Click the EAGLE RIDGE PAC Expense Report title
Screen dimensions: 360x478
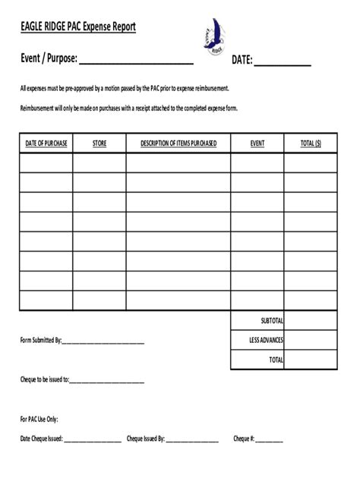click(x=78, y=27)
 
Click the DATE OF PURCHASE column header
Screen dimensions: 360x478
click(x=46, y=143)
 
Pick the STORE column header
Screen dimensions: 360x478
click(x=99, y=143)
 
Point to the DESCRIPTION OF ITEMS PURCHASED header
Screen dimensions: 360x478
click(x=178, y=143)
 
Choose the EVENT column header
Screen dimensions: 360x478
click(x=257, y=143)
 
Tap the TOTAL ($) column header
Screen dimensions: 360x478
click(x=311, y=143)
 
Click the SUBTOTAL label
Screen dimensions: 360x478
click(x=271, y=320)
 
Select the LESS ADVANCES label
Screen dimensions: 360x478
click(x=267, y=340)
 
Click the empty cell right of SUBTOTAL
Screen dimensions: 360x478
click(x=311, y=320)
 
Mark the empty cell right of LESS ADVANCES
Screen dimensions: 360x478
click(x=311, y=340)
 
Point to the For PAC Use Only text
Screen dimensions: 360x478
click(x=39, y=419)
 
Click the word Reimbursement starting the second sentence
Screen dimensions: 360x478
click(x=39, y=108)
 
